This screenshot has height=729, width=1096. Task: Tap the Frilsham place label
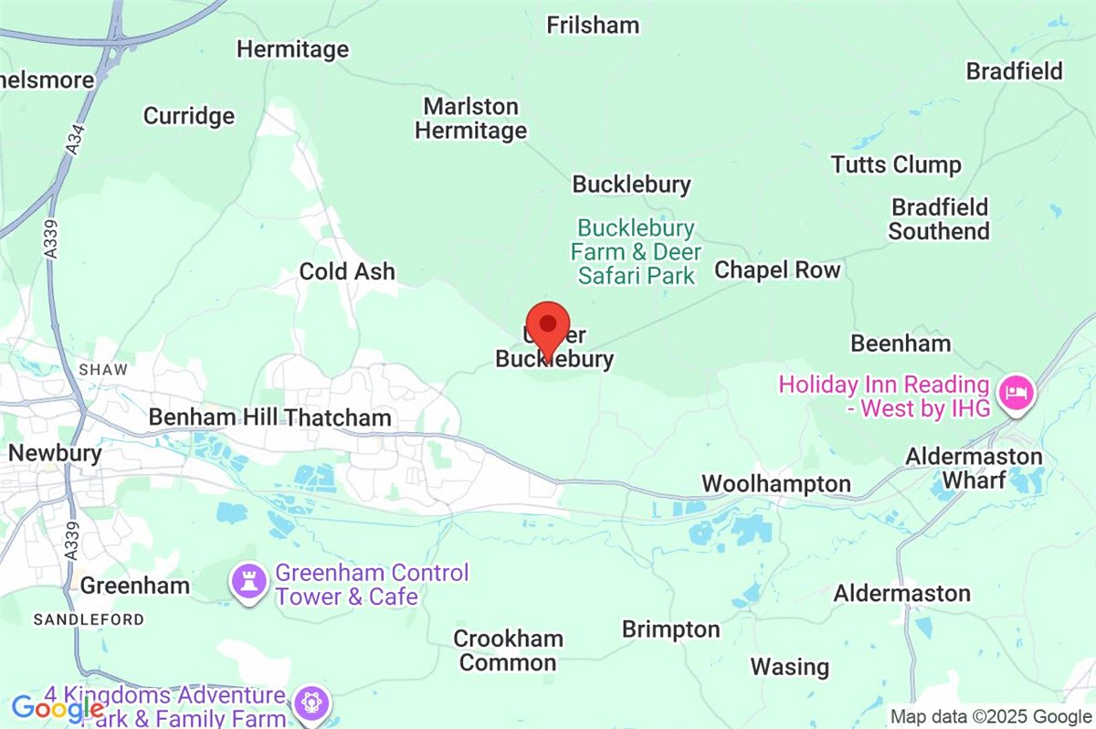(x=593, y=25)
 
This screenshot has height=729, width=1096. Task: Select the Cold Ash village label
(x=348, y=271)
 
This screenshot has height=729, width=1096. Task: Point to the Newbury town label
(x=55, y=452)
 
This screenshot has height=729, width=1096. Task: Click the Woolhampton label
(x=775, y=483)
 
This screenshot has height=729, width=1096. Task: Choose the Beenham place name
(x=901, y=343)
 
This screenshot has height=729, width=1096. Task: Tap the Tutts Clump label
(x=896, y=165)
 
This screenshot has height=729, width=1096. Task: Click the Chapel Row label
(x=777, y=269)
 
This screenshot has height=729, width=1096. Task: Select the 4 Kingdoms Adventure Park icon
(x=311, y=703)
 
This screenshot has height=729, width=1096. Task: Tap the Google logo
(x=57, y=708)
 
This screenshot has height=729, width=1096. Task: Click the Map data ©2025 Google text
(x=991, y=717)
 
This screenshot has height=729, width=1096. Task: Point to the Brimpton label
(x=671, y=629)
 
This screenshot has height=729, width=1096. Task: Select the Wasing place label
(x=790, y=667)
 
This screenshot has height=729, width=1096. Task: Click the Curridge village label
(x=189, y=116)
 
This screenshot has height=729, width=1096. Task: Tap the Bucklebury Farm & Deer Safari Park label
(x=636, y=251)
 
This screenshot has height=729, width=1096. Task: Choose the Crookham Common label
(x=508, y=650)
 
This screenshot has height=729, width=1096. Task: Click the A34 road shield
(x=73, y=145)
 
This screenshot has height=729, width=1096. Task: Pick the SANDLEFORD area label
(x=89, y=619)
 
